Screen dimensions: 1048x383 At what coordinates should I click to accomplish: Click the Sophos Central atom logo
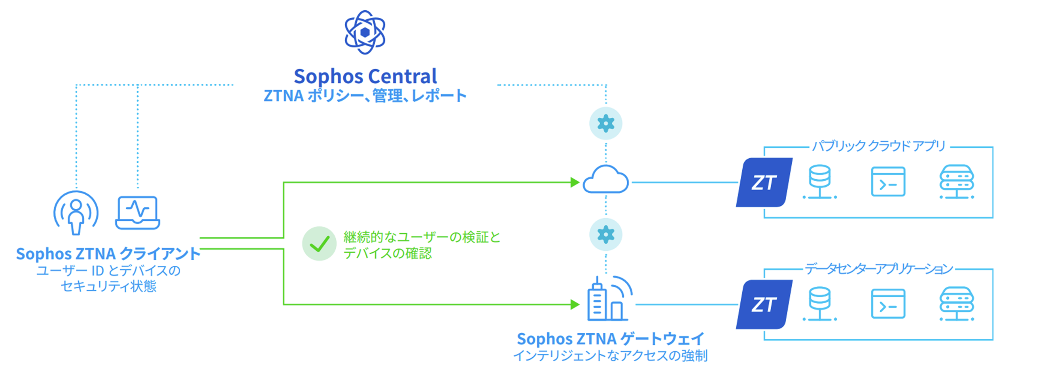[365, 32]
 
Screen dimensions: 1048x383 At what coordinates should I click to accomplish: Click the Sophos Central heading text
[365, 76]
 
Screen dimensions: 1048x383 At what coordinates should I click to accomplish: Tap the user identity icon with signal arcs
[76, 213]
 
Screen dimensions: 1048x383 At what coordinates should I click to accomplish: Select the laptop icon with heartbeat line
[138, 213]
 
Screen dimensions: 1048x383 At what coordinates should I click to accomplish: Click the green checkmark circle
[320, 244]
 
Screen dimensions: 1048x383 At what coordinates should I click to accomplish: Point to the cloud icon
[606, 179]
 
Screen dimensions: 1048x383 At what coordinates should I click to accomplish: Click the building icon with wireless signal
[609, 299]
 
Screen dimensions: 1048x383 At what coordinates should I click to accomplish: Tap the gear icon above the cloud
[606, 124]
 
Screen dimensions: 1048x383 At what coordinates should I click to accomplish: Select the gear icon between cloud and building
[606, 235]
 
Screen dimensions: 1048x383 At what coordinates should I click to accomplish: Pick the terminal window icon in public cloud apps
[888, 182]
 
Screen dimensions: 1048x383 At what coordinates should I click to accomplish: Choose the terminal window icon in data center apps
[888, 304]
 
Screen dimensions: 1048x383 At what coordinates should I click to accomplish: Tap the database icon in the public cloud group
[820, 182]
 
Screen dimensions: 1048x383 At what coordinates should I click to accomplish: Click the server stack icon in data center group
[957, 304]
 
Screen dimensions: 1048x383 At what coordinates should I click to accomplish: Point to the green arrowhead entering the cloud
[575, 182]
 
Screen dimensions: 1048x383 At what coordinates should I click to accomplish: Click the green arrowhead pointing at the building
[575, 304]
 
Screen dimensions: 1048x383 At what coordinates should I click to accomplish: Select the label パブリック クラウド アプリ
[879, 146]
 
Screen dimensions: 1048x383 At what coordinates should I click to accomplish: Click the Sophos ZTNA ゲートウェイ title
[610, 339]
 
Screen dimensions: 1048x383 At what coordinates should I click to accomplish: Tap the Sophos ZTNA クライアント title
[108, 254]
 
